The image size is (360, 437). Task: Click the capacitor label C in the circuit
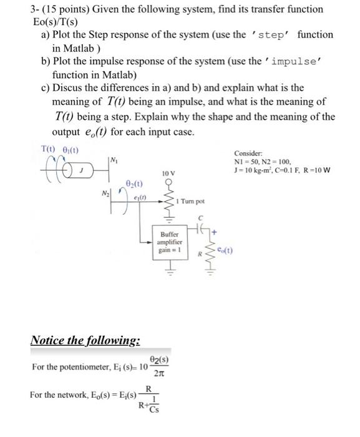point(202,219)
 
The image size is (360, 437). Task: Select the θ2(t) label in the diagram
point(132,185)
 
